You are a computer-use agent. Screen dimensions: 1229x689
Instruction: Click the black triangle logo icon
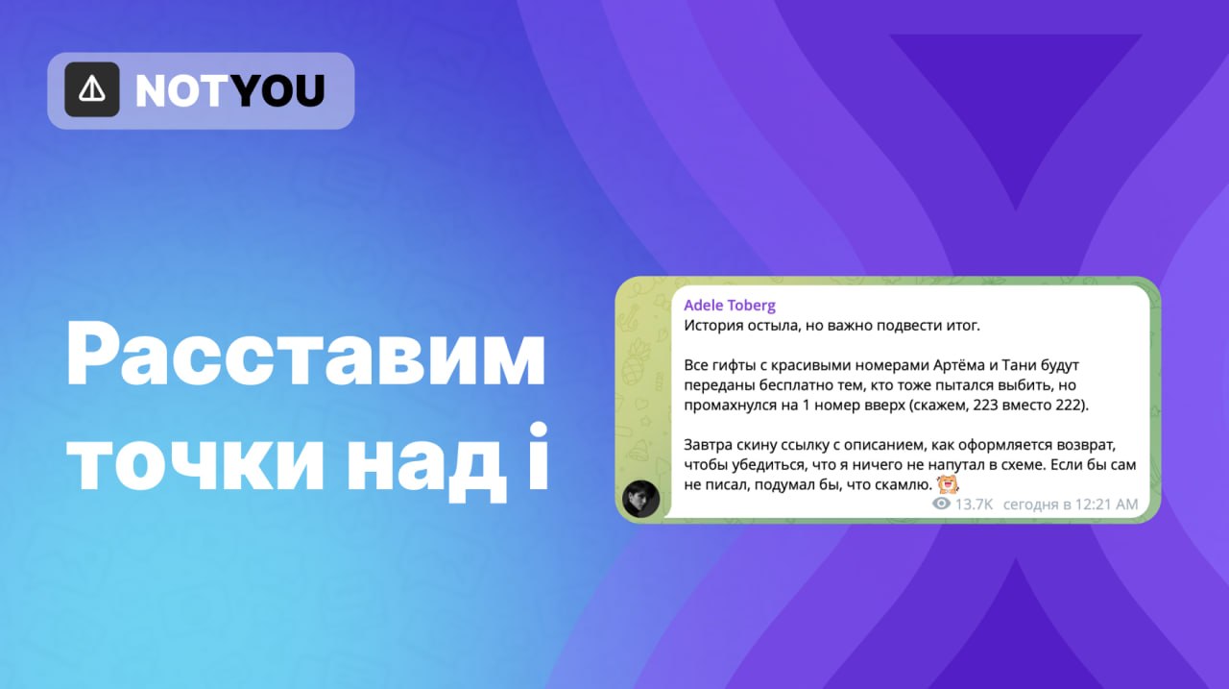91,89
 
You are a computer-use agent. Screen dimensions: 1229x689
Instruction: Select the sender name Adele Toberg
730,306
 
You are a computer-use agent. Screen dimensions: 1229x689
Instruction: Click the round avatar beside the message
640,499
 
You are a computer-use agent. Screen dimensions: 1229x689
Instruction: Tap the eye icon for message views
941,504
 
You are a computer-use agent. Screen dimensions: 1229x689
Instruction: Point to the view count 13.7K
974,504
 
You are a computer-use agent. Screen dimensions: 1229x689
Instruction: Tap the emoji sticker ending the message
948,484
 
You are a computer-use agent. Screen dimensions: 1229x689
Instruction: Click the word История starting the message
713,326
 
